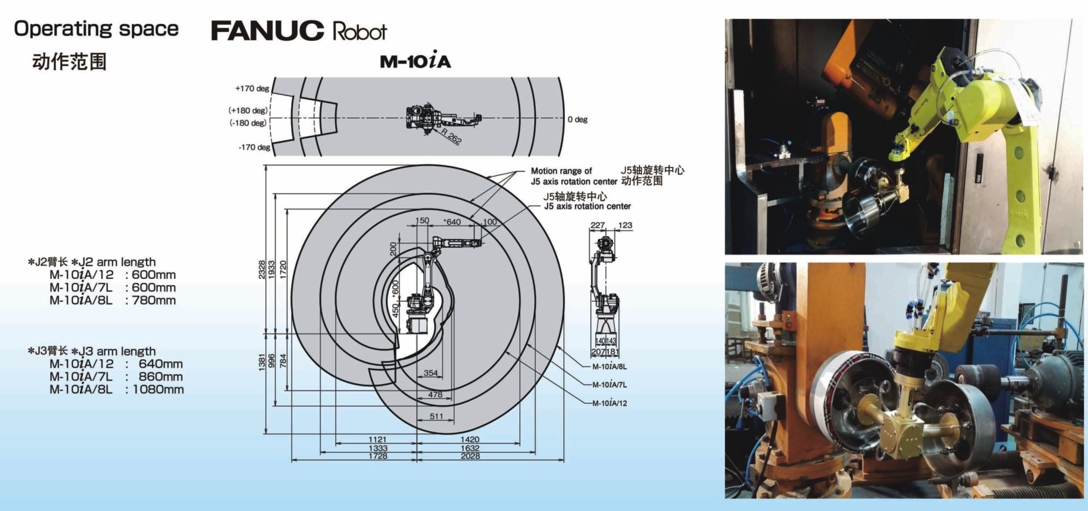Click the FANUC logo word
267,31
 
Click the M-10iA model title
415,61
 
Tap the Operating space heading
96,29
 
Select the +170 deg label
252,88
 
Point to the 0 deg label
577,119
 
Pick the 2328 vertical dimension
262,269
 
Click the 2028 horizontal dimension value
470,456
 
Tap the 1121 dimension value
378,439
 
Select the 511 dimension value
437,416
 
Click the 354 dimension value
430,373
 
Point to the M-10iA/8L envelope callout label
609,367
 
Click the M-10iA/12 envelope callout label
609,403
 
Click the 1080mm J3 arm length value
158,389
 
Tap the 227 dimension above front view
598,225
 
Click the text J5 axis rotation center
587,206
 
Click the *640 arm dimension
452,221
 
